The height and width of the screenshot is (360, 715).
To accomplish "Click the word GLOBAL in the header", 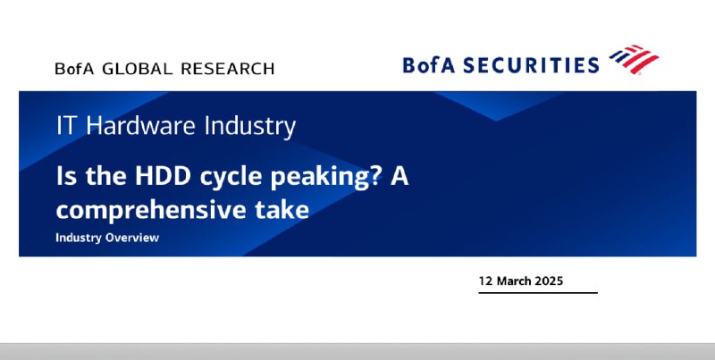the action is point(138,69).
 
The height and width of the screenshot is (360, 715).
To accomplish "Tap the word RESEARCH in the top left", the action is point(228,69).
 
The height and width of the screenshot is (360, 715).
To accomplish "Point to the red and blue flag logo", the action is point(634,59).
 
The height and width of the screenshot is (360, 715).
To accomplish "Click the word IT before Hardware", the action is point(64,125).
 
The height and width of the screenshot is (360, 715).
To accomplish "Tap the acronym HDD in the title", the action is point(163,176).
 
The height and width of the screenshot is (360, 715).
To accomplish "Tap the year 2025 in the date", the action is point(549,280).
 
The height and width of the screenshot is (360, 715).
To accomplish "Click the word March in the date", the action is point(513,280).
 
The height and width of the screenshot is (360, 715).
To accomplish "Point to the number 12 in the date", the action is point(485,280).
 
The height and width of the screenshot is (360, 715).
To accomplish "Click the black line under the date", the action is point(538,293).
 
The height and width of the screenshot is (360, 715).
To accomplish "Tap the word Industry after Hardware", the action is point(250,126).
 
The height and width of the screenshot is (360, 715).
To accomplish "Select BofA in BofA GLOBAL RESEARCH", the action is point(74,69).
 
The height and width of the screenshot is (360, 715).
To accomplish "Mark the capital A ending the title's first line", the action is point(400,176).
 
